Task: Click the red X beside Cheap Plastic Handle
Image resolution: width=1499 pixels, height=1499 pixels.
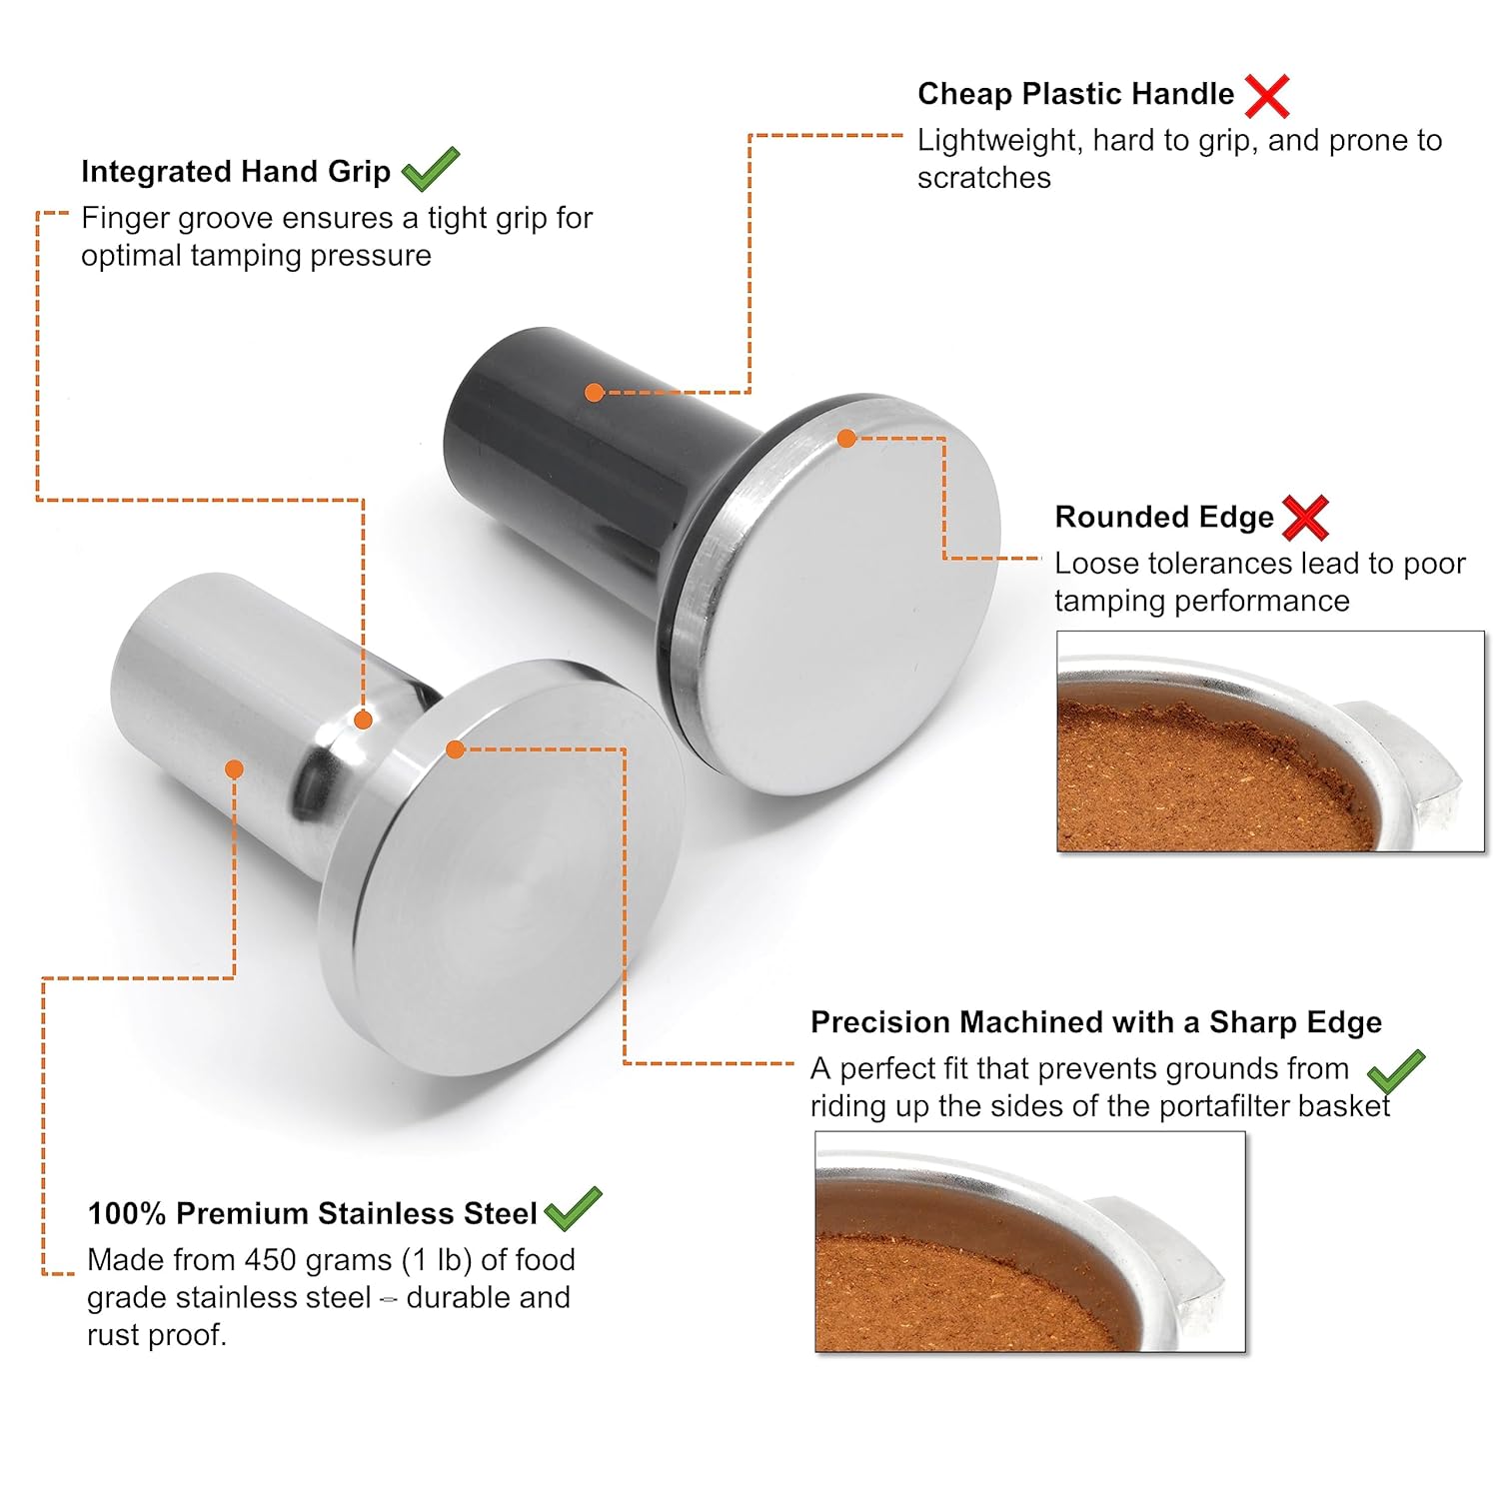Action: (1267, 96)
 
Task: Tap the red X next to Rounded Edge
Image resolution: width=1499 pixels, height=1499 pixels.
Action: (1305, 518)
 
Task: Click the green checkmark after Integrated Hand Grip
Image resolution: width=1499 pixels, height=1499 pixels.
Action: (430, 169)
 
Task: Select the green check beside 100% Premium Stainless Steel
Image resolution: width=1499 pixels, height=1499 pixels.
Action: (573, 1209)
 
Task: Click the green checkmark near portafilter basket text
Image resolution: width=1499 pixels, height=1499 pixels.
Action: (1396, 1073)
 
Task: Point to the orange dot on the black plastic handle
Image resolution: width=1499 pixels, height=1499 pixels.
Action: (594, 393)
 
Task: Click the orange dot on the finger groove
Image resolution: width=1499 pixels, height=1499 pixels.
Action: (364, 720)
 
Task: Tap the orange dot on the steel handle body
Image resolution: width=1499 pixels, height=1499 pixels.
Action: (234, 768)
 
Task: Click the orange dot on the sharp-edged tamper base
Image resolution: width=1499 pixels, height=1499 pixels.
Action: (456, 749)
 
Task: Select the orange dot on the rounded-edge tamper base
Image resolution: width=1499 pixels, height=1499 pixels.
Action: (846, 438)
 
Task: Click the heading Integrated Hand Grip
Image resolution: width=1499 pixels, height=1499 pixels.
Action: (236, 172)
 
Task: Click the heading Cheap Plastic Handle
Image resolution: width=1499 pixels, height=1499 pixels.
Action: (1075, 94)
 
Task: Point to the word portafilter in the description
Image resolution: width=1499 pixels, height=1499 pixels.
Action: (1193, 1106)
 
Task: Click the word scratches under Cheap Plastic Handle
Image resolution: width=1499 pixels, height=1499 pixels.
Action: (983, 178)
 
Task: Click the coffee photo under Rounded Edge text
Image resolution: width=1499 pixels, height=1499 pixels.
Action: (1270, 742)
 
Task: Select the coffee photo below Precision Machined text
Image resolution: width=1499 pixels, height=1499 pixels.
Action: (1030, 1242)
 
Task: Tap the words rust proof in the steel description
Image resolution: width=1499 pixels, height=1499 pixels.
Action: (156, 1335)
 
